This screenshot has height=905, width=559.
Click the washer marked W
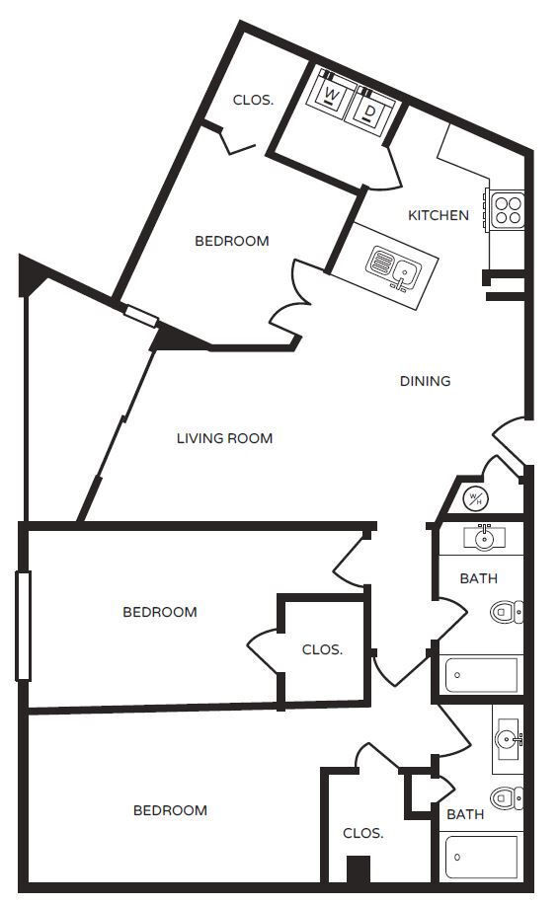click(332, 97)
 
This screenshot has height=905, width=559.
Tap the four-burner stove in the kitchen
click(507, 209)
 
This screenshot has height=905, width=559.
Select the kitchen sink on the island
click(392, 264)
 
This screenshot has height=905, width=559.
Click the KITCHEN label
click(439, 214)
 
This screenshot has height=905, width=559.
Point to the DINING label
click(425, 381)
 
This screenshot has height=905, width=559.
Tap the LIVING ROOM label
click(224, 438)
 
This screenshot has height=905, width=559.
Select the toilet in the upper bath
click(507, 612)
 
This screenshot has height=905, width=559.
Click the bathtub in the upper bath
click(482, 676)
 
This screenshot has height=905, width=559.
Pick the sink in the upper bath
click(484, 539)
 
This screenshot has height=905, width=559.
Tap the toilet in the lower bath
click(507, 796)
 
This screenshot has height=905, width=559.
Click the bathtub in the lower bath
click(482, 857)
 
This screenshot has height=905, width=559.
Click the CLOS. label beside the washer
click(253, 100)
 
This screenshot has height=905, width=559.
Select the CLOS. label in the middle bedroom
click(322, 649)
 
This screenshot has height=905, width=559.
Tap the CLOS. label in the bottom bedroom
click(362, 833)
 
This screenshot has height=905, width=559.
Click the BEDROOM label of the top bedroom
click(231, 241)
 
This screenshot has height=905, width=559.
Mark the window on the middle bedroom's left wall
click(24, 625)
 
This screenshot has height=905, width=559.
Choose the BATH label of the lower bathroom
click(464, 814)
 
